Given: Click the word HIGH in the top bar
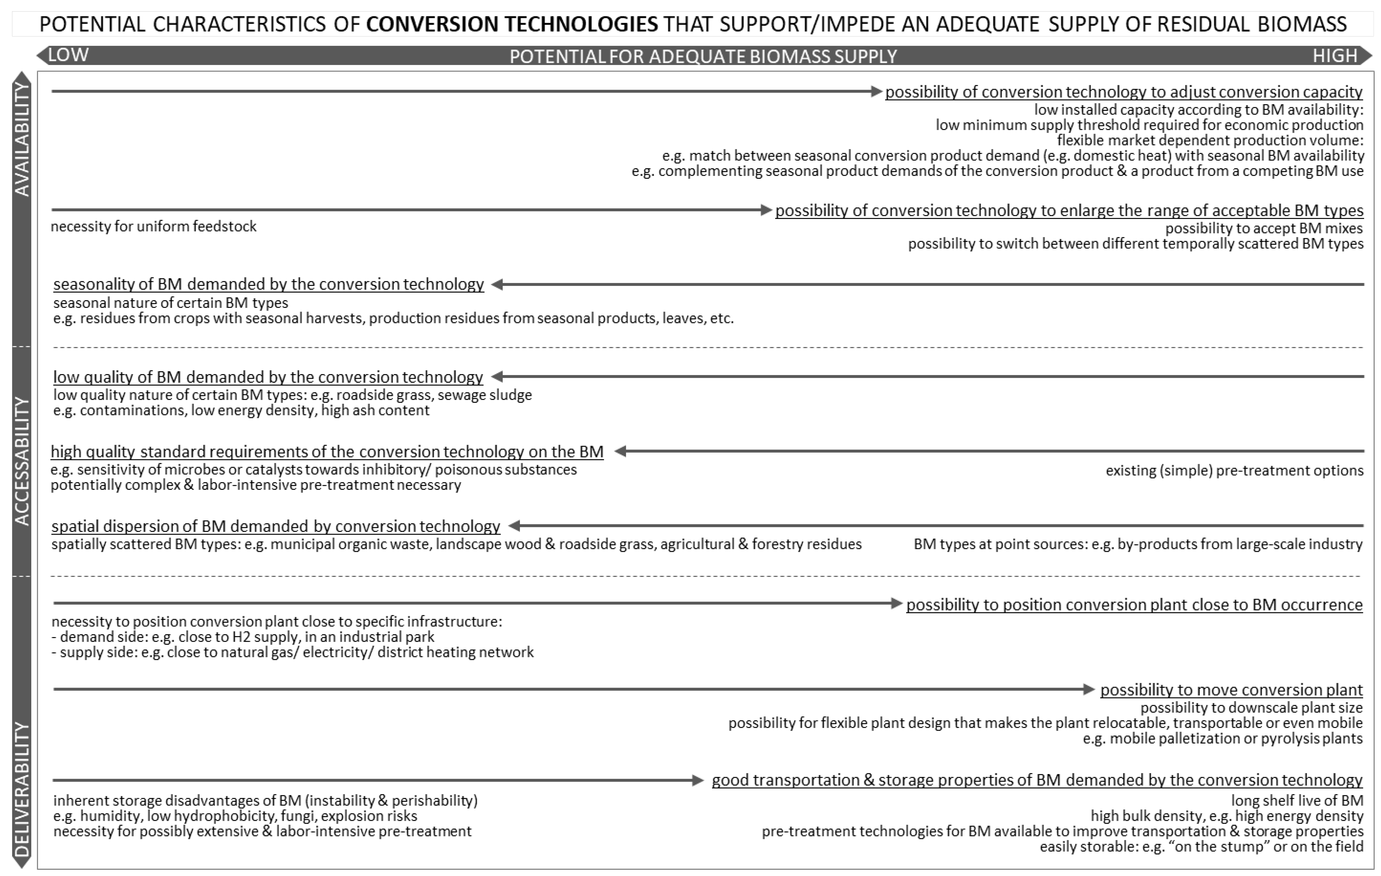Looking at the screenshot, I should [1335, 56].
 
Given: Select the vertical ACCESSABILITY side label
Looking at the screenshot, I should [22, 461].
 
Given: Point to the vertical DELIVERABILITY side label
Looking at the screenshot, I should [22, 789].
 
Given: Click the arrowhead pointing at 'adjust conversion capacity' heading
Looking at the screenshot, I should [876, 91].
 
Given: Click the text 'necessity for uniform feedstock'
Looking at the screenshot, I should [154, 227].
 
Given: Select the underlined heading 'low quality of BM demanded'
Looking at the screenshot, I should [268, 377].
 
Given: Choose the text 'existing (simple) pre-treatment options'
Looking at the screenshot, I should [1234, 470].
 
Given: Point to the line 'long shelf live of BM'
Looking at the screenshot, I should [1297, 800].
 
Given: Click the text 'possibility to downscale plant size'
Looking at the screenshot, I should [1251, 708].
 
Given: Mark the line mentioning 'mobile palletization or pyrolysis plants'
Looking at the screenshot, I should [1222, 738].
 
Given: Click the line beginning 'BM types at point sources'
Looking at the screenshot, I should [1138, 544].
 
